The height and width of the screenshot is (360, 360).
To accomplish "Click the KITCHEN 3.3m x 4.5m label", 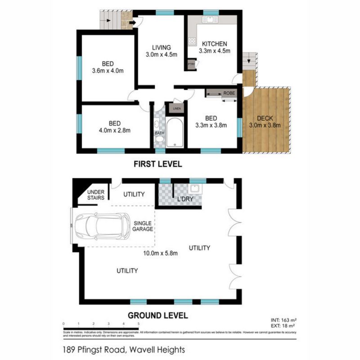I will (x=214, y=47).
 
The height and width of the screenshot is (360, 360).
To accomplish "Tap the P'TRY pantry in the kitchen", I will (x=192, y=64).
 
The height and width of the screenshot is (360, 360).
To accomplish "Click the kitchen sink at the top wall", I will (x=209, y=19).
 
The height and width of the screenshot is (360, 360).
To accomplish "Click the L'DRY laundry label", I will (x=185, y=198).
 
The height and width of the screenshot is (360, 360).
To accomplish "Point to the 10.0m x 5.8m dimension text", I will (x=160, y=253).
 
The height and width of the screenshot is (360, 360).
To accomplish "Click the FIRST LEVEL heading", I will (x=157, y=165).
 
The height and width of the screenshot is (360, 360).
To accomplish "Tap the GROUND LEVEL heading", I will (x=157, y=315).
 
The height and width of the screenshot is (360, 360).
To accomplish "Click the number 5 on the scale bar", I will (x=139, y=324).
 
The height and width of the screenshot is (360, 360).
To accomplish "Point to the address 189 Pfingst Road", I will (x=124, y=349).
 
